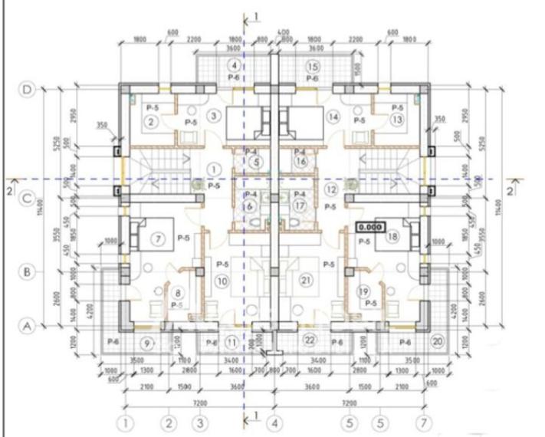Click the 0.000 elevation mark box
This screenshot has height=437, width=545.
click(370, 227)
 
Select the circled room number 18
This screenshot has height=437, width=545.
click(393, 237)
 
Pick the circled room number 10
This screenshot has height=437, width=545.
click(222, 281)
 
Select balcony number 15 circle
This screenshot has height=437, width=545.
click(313, 67)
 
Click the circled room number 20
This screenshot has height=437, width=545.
click(438, 341)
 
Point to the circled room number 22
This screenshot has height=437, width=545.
click(310, 340)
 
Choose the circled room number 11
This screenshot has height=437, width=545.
click(232, 340)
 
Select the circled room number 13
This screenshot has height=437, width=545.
click(397, 120)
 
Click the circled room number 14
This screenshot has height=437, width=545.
click(333, 117)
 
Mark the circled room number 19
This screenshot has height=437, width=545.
click(363, 291)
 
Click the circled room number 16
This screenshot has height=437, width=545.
click(300, 162)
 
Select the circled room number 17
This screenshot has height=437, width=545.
click(300, 205)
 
